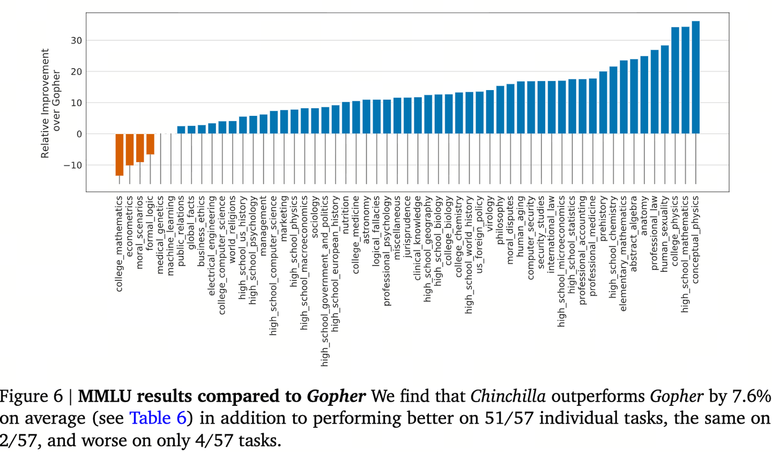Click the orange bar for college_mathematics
click(x=119, y=155)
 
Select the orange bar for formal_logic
click(x=150, y=144)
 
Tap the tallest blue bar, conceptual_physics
click(x=696, y=77)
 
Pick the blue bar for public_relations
click(x=181, y=130)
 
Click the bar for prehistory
click(x=603, y=102)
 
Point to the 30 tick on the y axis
click(x=77, y=41)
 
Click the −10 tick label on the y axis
click(x=73, y=166)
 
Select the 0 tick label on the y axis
click(x=79, y=134)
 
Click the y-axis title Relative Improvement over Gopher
click(x=50, y=103)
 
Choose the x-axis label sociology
click(x=315, y=217)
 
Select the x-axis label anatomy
click(x=644, y=216)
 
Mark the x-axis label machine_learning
click(x=170, y=236)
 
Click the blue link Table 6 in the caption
click(x=158, y=418)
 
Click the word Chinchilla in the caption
click(x=508, y=396)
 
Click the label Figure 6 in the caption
click(x=31, y=396)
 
